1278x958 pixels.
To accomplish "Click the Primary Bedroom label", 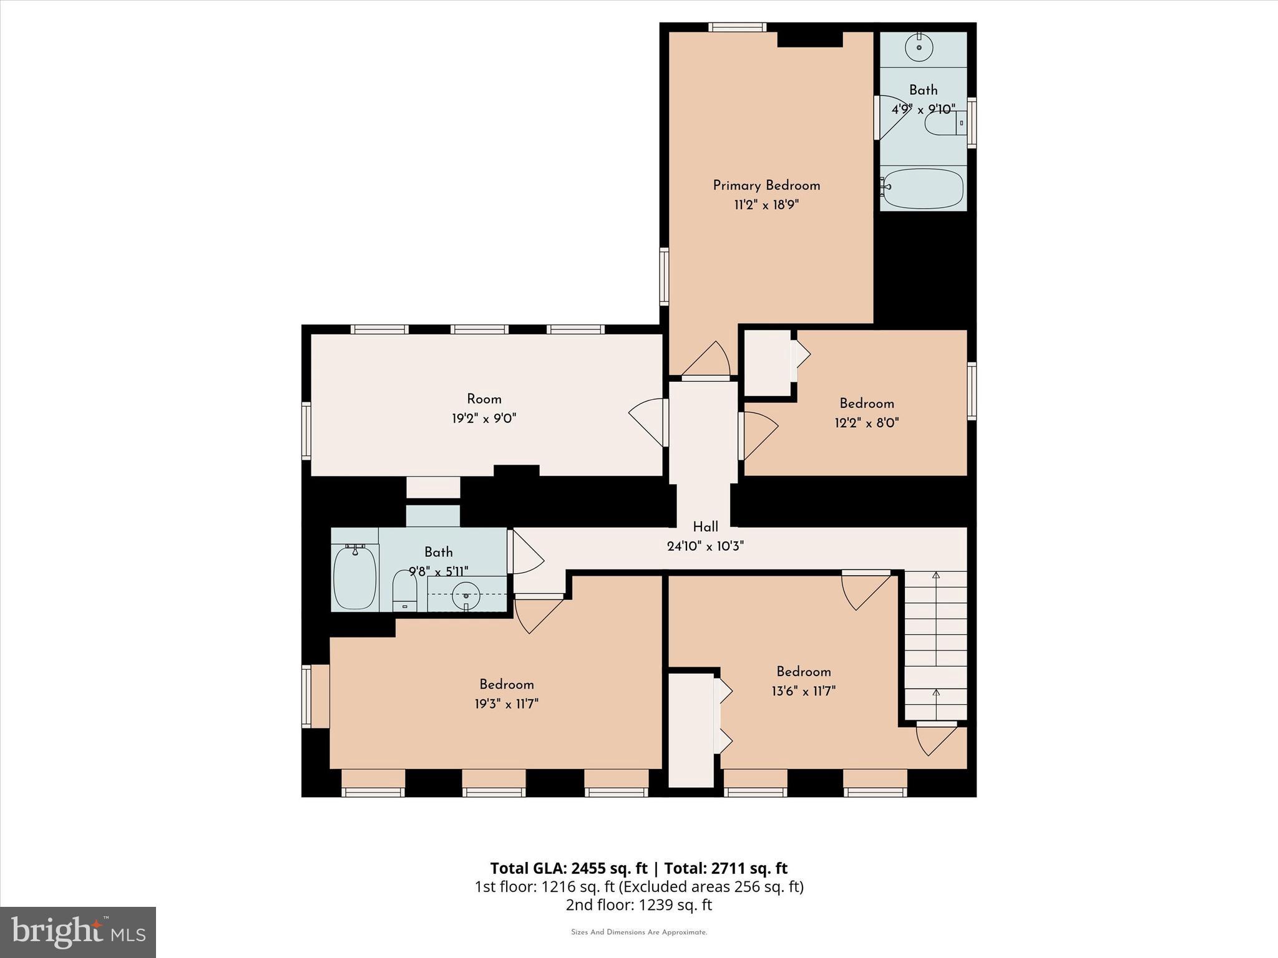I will click(x=766, y=185).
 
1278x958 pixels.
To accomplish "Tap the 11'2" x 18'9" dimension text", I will click(x=766, y=205).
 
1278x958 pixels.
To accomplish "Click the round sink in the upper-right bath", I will click(x=919, y=47).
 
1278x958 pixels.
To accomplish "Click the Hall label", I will click(x=705, y=527).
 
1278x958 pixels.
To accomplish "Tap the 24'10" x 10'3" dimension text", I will click(x=705, y=546).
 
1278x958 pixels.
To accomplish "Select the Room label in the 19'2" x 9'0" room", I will click(x=484, y=399).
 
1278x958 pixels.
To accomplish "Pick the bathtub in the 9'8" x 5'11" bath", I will click(x=355, y=578).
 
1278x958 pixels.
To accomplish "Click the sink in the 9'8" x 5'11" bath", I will click(x=466, y=591).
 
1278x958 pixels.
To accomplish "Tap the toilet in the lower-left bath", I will click(x=404, y=589).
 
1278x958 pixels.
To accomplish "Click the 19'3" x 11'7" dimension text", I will click(x=506, y=704).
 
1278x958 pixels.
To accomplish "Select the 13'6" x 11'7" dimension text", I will click(x=804, y=691).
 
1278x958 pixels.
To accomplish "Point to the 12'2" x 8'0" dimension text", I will click(x=867, y=423).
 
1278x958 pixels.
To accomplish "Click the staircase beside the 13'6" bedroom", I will click(x=935, y=646).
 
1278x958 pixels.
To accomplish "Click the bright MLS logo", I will click(x=78, y=932).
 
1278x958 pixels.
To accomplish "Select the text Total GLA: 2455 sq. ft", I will click(x=568, y=868).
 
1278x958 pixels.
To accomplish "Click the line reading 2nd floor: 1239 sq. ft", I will click(x=638, y=905).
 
